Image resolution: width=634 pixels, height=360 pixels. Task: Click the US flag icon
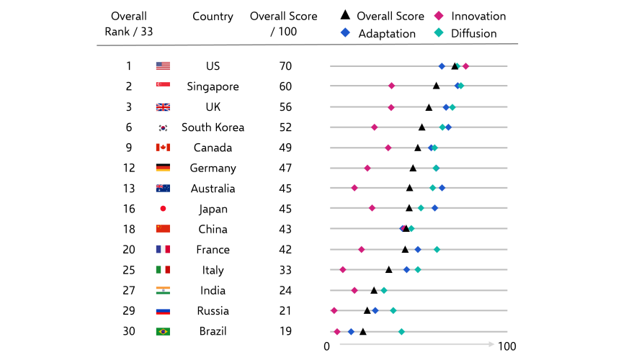(163, 66)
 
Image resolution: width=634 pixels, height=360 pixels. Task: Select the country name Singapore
(213, 86)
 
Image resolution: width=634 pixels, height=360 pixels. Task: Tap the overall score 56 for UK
(285, 107)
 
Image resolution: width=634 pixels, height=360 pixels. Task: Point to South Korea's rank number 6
(129, 127)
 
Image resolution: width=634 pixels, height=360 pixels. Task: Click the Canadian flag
(163, 148)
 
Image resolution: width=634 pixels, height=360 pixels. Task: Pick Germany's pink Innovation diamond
(367, 168)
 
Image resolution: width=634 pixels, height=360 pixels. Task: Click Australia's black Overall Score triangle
(410, 188)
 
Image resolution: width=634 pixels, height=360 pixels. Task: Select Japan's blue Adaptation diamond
(434, 208)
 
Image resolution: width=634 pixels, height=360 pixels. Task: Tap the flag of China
(163, 229)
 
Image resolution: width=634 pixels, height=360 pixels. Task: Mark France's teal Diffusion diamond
(437, 249)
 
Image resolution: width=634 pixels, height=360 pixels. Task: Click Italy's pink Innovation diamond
(343, 269)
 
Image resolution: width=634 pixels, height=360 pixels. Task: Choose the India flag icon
(163, 290)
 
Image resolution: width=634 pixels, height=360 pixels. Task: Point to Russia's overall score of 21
(285, 311)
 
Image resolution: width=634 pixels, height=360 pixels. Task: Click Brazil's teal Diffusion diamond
(401, 331)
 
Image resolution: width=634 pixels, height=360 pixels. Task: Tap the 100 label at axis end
(507, 346)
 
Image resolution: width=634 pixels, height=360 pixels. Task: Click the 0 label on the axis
(327, 346)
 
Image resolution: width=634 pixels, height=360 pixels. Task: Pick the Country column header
(213, 16)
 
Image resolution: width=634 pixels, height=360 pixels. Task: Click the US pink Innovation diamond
(466, 66)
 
